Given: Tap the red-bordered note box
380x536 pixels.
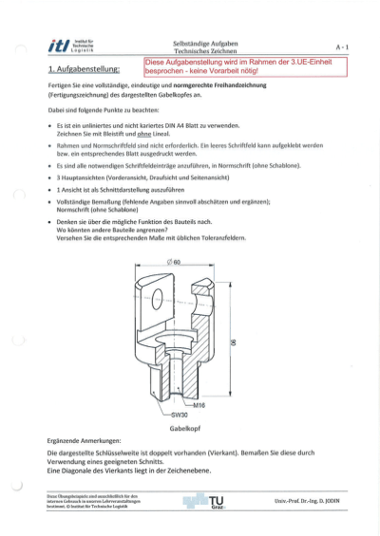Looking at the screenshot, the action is [x=246, y=66].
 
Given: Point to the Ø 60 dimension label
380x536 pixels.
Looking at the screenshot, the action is [x=175, y=261].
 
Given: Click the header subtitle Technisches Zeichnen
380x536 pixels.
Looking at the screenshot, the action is [x=204, y=51].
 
